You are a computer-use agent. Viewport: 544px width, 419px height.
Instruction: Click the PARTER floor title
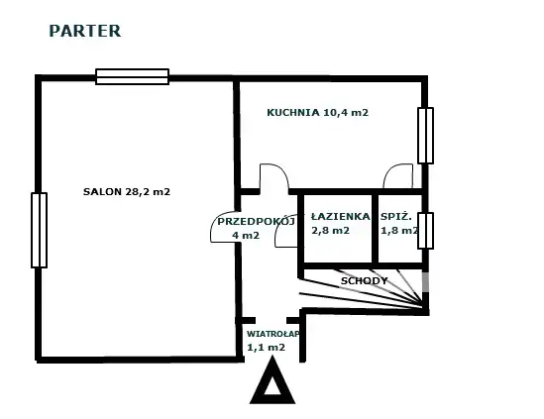(x=85, y=31)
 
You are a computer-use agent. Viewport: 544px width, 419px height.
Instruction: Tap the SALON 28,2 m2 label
(x=127, y=192)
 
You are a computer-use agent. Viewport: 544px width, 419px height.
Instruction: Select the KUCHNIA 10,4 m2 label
(x=317, y=112)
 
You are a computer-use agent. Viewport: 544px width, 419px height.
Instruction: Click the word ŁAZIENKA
(x=340, y=216)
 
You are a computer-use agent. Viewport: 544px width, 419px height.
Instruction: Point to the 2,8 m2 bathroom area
(x=330, y=231)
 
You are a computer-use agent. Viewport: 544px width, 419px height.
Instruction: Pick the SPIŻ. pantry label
(x=396, y=216)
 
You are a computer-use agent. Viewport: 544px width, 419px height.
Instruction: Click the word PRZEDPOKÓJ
(x=256, y=221)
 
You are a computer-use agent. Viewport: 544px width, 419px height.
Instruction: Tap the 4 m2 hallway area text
(x=246, y=235)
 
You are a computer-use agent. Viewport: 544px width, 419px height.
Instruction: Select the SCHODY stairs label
(x=364, y=280)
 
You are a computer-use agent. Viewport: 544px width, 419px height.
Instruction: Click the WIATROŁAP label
(x=272, y=334)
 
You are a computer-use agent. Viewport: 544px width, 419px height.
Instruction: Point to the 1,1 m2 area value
(x=266, y=347)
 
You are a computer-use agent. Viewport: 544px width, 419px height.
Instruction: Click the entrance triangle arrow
(x=272, y=380)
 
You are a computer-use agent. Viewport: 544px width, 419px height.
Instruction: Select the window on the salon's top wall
(x=132, y=76)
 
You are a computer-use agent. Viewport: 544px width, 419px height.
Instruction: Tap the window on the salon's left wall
(x=40, y=231)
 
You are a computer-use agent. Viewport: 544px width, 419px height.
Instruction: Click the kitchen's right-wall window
(x=425, y=136)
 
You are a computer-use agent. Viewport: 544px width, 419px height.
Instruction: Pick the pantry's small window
(x=425, y=231)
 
